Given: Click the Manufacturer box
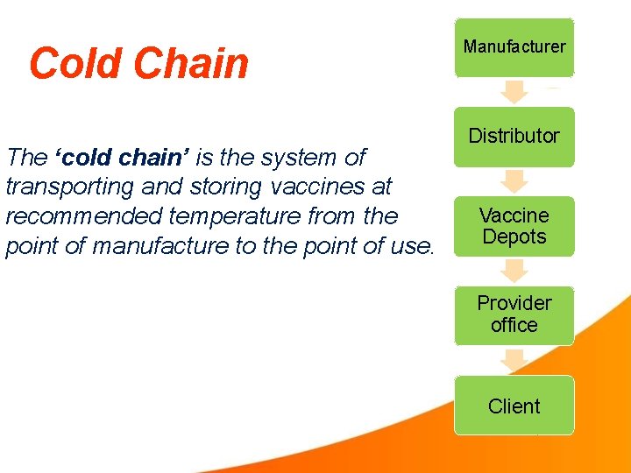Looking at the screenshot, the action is tap(514, 47).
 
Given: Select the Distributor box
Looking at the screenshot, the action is tap(514, 137).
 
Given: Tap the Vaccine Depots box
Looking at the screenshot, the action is tap(514, 226).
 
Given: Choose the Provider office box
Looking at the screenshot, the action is tap(514, 314).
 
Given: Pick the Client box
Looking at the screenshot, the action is tap(514, 406).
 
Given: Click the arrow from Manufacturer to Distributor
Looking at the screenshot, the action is tap(514, 92).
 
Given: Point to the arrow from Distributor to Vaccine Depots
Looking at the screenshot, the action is tap(514, 181).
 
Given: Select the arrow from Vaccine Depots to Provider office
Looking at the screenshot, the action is tap(514, 271).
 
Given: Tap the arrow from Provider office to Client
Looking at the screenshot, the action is tap(514, 360).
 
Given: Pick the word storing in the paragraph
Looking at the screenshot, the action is tap(218, 187).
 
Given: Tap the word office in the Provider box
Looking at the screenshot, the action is tap(514, 325).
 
